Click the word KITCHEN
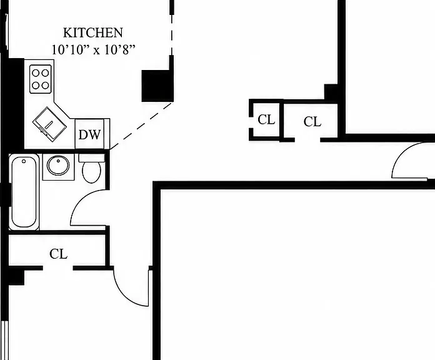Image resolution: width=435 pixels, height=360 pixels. pos(93,32)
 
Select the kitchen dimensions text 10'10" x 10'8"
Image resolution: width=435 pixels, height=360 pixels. pos(94,50)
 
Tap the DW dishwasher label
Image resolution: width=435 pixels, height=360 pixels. pos(89,135)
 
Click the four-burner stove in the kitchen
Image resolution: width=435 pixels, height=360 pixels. pos(41,79)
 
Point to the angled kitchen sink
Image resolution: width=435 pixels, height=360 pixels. pos(49,124)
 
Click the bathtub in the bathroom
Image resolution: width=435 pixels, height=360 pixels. pos(24,192)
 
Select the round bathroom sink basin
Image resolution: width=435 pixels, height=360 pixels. pos(58,165)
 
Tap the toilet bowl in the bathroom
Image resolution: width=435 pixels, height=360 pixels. pos(91,172)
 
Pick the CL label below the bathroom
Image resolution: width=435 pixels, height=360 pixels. pos(59,254)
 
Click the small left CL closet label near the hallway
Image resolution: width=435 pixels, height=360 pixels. pos(266,120)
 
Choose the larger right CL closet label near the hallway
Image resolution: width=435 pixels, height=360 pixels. pos(312,121)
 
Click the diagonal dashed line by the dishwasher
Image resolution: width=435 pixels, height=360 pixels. pos(141,126)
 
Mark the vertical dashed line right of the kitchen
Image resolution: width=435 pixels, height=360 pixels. pos(172,34)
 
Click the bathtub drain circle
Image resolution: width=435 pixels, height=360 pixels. pos(24,161)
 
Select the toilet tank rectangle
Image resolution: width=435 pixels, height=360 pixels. pos(91,158)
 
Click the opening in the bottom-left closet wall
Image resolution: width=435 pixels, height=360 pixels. pos(58,268)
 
